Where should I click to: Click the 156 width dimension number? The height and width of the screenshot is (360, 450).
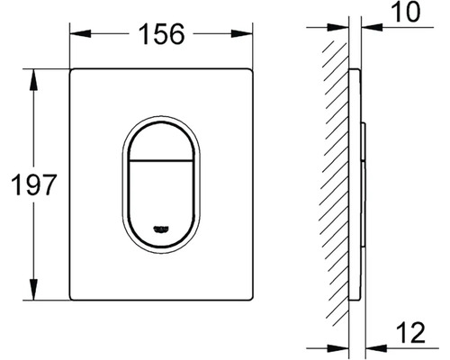[x=161, y=34]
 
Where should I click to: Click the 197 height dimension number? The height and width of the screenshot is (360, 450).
[x=33, y=184]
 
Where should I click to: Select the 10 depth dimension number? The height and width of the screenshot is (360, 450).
[x=406, y=12]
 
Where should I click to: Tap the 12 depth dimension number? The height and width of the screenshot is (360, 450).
[x=410, y=332]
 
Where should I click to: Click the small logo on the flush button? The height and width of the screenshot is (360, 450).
[x=161, y=229]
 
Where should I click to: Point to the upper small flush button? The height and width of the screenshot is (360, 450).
[x=161, y=140]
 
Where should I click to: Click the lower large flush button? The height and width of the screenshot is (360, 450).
[x=161, y=203]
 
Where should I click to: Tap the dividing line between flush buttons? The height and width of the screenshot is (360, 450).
[x=161, y=159]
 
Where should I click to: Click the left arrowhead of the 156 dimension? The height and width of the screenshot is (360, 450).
[x=80, y=33]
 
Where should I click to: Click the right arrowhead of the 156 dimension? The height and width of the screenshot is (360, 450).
[x=242, y=33]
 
